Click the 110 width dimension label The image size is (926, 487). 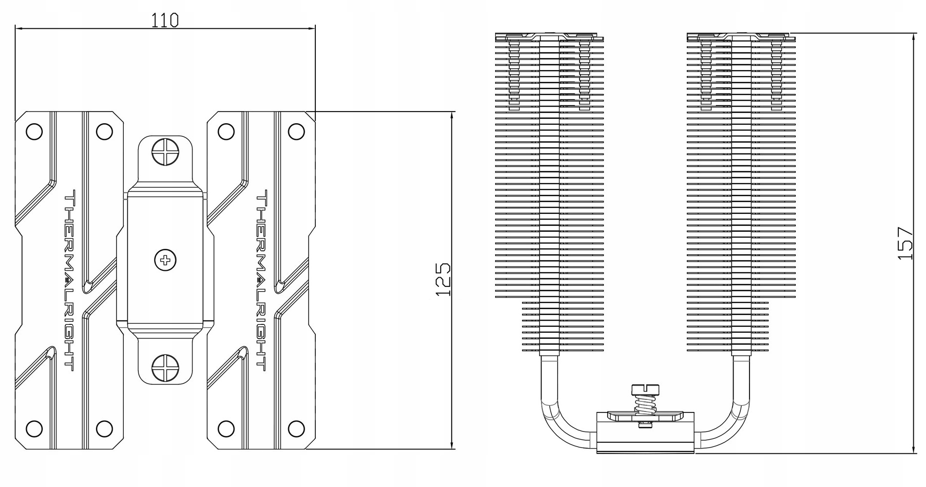pyautogui.click(x=165, y=20)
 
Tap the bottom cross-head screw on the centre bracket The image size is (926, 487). pyautogui.click(x=165, y=367)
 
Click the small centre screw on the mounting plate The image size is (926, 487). pyautogui.click(x=165, y=260)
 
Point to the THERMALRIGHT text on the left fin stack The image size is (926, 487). pyautogui.click(x=70, y=280)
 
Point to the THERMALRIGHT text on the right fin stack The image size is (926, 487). pyautogui.click(x=261, y=280)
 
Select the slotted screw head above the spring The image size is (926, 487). pyautogui.click(x=645, y=389)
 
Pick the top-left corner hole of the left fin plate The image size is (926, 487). pyautogui.click(x=34, y=131)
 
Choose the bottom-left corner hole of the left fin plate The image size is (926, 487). pyautogui.click(x=34, y=429)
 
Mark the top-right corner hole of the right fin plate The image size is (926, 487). pyautogui.click(x=296, y=131)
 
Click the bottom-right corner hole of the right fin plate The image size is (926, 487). pyautogui.click(x=296, y=429)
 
